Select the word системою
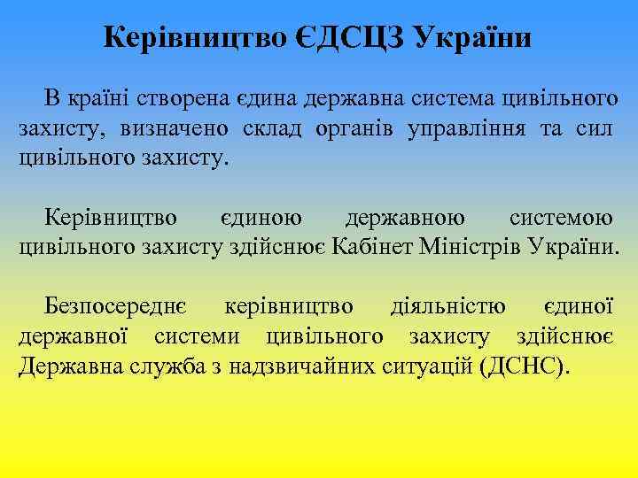click(x=561, y=216)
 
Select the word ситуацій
click(x=429, y=366)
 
